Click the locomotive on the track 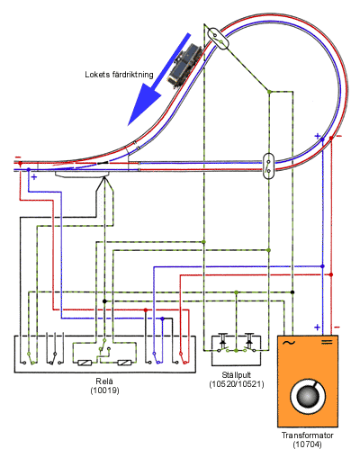[x=184, y=66]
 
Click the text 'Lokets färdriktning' [x=119, y=75]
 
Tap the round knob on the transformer [x=308, y=396]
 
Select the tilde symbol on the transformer [x=289, y=343]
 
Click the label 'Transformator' [x=308, y=436]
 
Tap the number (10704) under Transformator [x=307, y=445]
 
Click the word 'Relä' [x=104, y=382]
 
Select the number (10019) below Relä [x=104, y=391]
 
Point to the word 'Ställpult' [x=237, y=375]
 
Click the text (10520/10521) [x=237, y=384]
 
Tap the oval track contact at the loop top [x=218, y=38]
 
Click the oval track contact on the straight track [x=268, y=166]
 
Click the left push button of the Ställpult [x=223, y=343]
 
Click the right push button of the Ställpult [x=249, y=343]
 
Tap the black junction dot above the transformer [x=292, y=292]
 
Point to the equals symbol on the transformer [x=327, y=342]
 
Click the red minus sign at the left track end [x=18, y=157]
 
